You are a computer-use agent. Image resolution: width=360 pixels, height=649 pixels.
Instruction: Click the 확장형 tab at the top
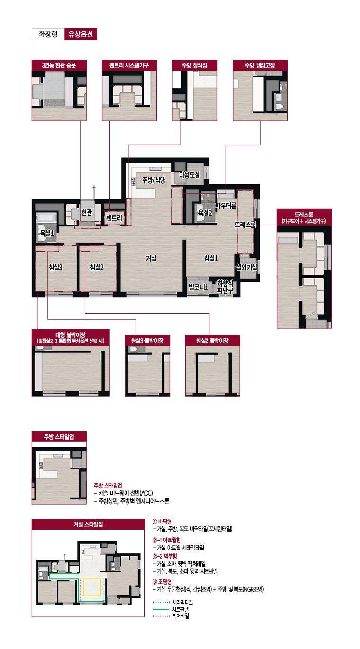[48, 34]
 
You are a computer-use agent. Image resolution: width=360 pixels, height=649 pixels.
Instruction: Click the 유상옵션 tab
[81, 34]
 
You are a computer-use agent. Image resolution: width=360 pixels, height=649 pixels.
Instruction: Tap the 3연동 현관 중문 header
[59, 65]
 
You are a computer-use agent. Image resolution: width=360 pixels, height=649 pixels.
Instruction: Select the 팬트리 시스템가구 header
[129, 65]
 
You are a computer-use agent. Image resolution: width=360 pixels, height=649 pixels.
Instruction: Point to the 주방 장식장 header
[195, 65]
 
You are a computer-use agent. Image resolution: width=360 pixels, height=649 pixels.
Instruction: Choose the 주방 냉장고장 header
[260, 65]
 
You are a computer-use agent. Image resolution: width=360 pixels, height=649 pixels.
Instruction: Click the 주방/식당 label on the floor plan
[153, 180]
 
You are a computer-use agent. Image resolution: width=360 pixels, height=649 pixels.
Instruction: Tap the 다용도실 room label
[189, 175]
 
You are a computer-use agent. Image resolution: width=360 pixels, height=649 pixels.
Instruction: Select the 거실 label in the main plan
[151, 258]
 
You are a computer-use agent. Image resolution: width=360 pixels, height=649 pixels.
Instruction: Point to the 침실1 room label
[211, 258]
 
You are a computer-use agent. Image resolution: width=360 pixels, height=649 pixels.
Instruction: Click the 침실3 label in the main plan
[55, 267]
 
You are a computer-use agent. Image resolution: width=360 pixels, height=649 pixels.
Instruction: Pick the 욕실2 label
[205, 213]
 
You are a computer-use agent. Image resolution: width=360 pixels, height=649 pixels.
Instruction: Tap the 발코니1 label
[198, 287]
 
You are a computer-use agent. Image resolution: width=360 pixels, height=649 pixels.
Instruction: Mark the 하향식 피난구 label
[225, 287]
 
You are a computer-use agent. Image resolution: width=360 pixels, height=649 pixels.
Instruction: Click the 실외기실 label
[246, 267]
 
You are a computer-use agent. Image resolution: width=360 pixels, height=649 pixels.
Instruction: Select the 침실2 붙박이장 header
[212, 341]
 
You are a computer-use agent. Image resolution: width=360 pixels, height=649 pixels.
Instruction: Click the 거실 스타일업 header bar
[88, 524]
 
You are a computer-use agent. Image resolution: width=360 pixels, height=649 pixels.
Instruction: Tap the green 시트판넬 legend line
[161, 609]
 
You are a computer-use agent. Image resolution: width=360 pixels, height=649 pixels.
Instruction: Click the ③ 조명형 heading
[162, 581]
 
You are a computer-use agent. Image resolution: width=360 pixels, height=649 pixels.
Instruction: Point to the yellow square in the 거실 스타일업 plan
[92, 587]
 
